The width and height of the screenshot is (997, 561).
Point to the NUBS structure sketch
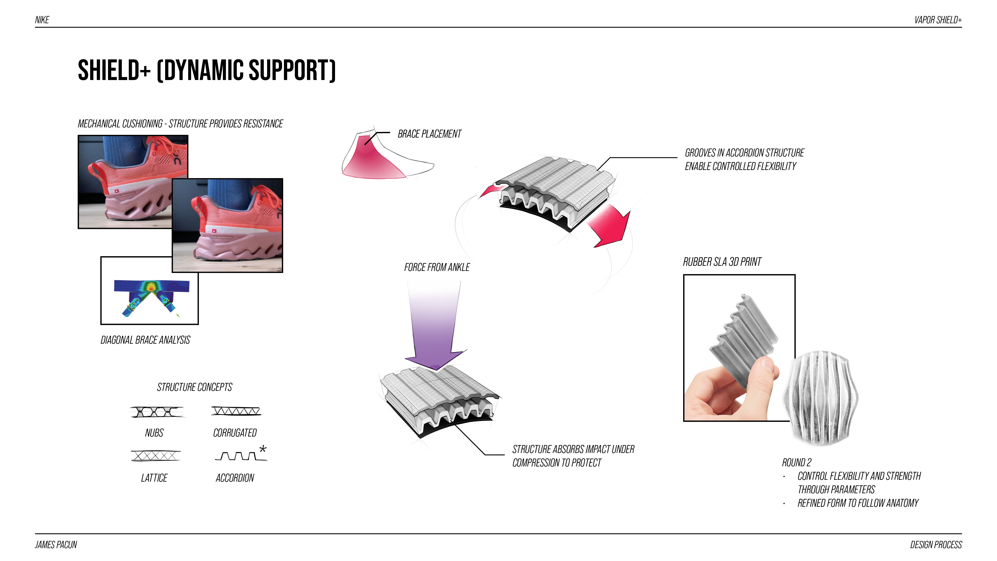[157, 412]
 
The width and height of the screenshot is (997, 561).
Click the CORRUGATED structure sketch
[236, 411]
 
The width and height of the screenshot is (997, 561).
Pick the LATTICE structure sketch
[156, 456]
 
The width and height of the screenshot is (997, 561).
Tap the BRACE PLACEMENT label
[429, 134]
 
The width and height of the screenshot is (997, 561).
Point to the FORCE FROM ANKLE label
[437, 267]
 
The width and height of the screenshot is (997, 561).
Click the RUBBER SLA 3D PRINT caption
[722, 262]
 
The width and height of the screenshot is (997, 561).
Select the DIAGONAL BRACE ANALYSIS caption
[145, 340]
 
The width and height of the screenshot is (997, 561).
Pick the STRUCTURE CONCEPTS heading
[194, 387]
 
